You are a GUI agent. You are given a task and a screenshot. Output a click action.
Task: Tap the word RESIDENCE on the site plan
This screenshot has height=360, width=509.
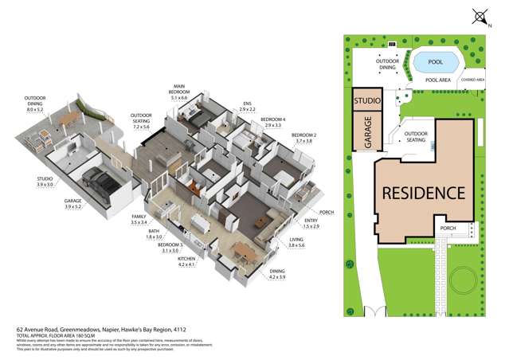(x=423, y=192)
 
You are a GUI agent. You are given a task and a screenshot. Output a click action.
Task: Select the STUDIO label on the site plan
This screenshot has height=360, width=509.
(x=367, y=101)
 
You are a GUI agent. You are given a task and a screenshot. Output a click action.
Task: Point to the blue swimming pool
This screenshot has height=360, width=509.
(x=436, y=61)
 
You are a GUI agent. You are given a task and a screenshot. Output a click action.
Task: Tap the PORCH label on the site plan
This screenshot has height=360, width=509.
(x=448, y=229)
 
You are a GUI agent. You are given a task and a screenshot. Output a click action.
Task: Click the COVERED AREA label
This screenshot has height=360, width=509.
(x=474, y=80)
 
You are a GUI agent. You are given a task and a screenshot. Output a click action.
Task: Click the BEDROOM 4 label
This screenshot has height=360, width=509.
(x=273, y=122)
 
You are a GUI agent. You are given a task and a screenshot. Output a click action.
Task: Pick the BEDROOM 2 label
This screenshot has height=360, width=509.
(x=303, y=139)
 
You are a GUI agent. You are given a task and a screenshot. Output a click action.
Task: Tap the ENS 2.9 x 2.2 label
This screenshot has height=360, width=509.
(x=249, y=105)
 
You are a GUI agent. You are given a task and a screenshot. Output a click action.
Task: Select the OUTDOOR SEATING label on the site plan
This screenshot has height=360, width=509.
(x=417, y=137)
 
